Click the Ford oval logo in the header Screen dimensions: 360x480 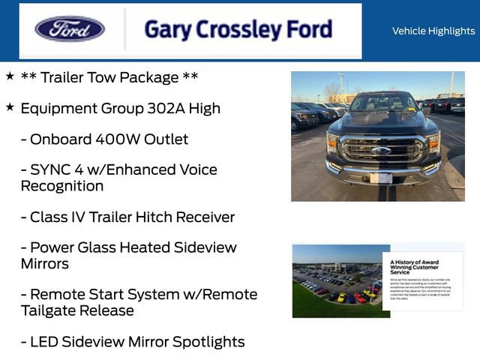(70, 29)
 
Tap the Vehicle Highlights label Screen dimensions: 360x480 (433, 31)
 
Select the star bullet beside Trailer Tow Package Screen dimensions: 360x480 (10, 76)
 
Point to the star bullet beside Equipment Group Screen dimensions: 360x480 (10, 106)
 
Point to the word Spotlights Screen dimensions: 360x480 (208, 342)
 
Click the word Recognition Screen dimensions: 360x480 (62, 186)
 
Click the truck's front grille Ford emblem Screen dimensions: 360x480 (381, 150)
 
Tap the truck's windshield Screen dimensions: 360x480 (382, 103)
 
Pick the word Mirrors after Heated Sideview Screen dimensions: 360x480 (45, 264)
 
